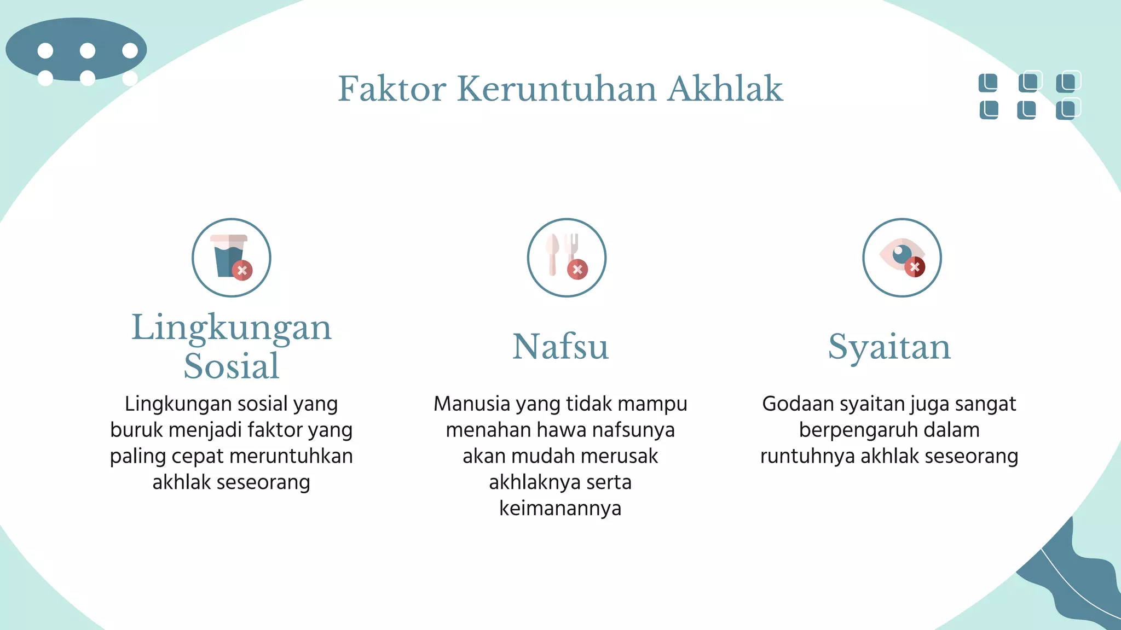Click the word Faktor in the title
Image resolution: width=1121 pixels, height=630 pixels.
[x=392, y=89]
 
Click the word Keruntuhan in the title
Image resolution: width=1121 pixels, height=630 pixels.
[x=556, y=89]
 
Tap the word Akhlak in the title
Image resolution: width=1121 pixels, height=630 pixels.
[x=725, y=89]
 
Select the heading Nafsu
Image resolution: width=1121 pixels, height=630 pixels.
[x=560, y=347]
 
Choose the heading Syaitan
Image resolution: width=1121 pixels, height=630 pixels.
[x=889, y=347]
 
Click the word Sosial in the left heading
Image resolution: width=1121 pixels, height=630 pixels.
[x=231, y=366]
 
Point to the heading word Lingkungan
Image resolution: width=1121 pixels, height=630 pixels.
[x=231, y=328]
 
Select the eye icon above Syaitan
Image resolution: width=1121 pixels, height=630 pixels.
[x=900, y=254]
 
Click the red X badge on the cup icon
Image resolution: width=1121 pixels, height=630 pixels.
[x=242, y=270]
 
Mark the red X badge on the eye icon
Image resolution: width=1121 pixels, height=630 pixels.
[x=915, y=267]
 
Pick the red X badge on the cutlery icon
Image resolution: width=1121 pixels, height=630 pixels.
[x=577, y=269]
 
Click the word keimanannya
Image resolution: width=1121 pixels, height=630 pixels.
[x=560, y=509]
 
